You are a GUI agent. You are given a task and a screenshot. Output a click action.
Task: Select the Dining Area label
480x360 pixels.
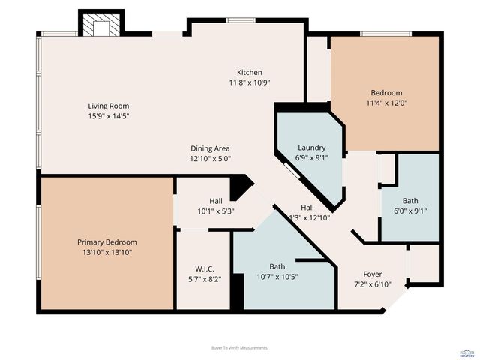pyautogui.click(x=210, y=148)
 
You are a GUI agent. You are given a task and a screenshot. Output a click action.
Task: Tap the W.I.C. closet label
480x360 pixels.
pyautogui.click(x=205, y=268)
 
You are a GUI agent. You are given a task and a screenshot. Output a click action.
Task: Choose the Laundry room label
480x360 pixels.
pyautogui.click(x=311, y=148)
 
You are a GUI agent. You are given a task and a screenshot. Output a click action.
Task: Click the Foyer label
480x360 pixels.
pyautogui.click(x=373, y=274)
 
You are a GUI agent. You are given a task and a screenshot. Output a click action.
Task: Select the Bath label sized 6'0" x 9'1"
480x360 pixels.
pyautogui.click(x=410, y=211)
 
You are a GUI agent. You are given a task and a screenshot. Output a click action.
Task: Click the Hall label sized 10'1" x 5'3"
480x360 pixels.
pyautogui.click(x=215, y=201)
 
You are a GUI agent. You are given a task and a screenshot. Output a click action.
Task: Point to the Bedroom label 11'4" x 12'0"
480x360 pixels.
pyautogui.click(x=385, y=93)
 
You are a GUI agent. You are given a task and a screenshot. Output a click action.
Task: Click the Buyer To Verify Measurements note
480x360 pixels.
pyautogui.click(x=240, y=347)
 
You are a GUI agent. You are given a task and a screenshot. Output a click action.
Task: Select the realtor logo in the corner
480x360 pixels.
pyautogui.click(x=466, y=352)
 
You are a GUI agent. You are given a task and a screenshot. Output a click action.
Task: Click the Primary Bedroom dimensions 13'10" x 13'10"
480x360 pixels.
pyautogui.click(x=107, y=252)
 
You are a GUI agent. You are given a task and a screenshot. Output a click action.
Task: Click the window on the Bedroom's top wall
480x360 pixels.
pyautogui.click(x=385, y=33)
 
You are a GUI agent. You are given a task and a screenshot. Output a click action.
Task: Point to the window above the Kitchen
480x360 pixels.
pyautogui.click(x=240, y=20)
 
